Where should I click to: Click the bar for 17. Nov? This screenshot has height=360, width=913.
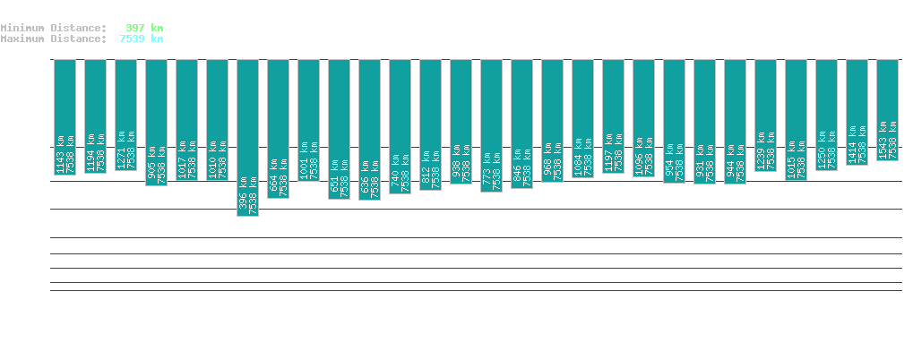coord(247,134)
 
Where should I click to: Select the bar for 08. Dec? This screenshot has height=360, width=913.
coord(887,107)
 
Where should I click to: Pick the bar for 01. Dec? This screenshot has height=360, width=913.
coord(674,116)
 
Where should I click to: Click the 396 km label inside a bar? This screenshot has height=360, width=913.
coord(242,201)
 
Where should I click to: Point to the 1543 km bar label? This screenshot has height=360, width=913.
coord(882,144)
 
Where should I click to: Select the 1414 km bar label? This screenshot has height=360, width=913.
coord(851,149)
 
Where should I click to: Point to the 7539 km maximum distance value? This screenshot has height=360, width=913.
coord(142,39)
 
